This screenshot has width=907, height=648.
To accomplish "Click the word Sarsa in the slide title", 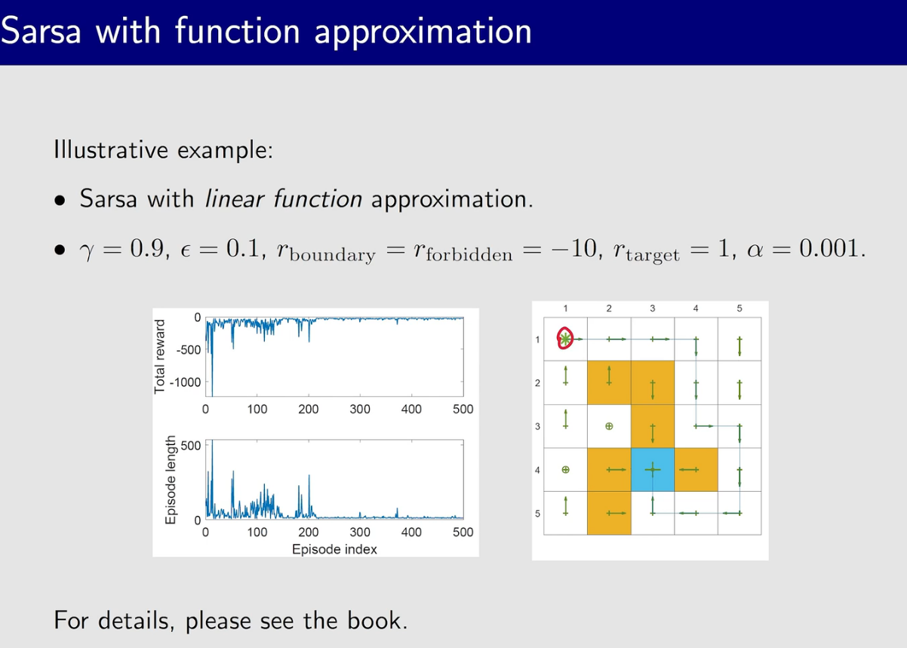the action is click(41, 31).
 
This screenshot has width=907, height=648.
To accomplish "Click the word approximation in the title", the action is click(423, 33).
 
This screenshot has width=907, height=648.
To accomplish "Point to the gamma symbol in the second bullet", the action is click(87, 251).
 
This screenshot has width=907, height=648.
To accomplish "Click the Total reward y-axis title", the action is click(159, 356).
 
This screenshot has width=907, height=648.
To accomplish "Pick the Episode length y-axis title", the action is click(171, 480).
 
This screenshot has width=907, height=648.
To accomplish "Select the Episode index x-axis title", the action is click(334, 549).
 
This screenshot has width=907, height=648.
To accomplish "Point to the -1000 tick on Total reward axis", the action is click(185, 382).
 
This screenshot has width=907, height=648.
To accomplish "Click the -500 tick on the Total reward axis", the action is click(189, 350).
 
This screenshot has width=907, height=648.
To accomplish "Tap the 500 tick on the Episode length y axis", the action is click(191, 446).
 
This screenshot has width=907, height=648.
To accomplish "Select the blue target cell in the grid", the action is click(653, 469).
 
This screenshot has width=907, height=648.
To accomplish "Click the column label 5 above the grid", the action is click(739, 309).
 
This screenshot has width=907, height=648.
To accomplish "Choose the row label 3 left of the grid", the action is click(537, 427).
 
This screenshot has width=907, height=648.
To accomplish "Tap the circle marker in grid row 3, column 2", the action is click(609, 426).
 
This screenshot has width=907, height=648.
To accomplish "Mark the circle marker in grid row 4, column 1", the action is click(566, 469).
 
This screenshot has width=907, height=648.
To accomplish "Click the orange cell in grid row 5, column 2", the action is click(609, 513).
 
